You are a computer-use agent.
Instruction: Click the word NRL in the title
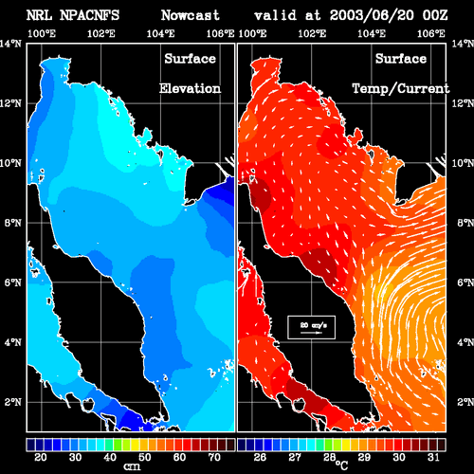(x=39, y=15)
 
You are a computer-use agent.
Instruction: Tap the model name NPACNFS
(x=89, y=15)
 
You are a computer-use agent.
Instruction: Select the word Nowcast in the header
(x=191, y=15)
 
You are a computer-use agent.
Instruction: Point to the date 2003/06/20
(x=372, y=15)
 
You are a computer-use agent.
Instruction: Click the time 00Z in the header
(x=435, y=15)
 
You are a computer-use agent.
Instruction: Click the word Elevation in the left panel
(x=190, y=88)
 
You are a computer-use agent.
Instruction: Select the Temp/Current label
(x=401, y=89)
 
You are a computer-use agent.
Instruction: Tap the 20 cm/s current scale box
(x=311, y=327)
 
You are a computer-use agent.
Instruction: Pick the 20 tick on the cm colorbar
(x=41, y=457)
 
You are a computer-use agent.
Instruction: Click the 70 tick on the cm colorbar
(x=214, y=457)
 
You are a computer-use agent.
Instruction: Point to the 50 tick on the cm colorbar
(x=145, y=457)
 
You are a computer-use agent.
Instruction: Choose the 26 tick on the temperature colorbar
(x=260, y=457)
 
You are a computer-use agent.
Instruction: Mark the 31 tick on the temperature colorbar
(x=433, y=457)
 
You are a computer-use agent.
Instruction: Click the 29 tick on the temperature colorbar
(x=364, y=457)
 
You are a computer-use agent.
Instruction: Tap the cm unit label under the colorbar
(x=132, y=466)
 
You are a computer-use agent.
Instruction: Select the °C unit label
(x=342, y=465)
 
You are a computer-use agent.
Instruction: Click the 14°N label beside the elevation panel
(x=11, y=44)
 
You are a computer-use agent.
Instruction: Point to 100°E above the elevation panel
(x=42, y=33)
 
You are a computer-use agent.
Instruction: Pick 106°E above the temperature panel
(x=431, y=33)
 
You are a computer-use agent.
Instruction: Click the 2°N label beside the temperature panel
(x=465, y=402)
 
